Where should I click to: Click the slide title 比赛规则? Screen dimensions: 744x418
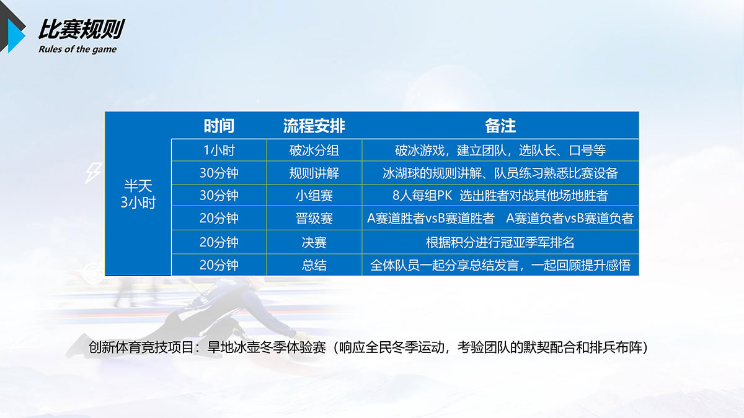tap(81, 29)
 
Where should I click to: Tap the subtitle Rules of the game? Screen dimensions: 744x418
tap(77, 50)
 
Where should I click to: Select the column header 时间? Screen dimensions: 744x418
tap(219, 126)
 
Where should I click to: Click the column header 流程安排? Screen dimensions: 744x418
tap(314, 126)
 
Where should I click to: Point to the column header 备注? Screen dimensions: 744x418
tap(500, 126)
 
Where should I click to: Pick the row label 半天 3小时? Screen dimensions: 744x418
tap(138, 194)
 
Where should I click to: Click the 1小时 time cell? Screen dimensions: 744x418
tap(219, 150)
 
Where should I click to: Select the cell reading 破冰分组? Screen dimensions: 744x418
tap(314, 150)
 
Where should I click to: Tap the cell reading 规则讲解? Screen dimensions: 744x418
tap(314, 173)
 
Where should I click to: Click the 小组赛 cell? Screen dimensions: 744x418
tap(314, 196)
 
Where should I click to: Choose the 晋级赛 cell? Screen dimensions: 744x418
tap(314, 218)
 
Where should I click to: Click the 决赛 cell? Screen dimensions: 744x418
tap(314, 243)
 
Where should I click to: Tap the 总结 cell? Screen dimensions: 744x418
tap(314, 265)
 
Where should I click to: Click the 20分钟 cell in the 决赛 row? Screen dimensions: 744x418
tap(219, 243)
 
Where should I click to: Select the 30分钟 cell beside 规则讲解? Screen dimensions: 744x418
tap(219, 173)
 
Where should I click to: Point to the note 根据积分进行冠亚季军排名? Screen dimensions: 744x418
tap(500, 243)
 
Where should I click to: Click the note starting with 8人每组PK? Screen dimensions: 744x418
tap(500, 196)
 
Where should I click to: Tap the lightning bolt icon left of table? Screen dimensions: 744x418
tap(94, 173)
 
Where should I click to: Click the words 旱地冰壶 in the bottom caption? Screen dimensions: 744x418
tap(233, 347)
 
